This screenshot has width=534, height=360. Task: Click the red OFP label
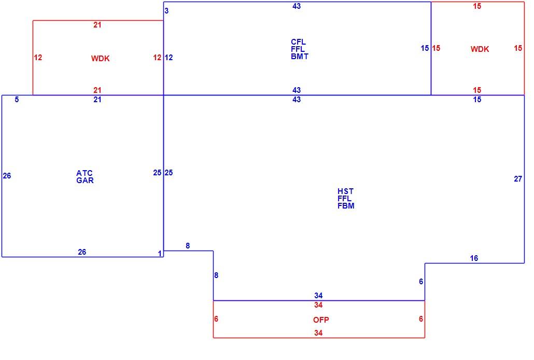[321, 320]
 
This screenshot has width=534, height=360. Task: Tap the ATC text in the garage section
[85, 173]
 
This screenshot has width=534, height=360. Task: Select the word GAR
[85, 181]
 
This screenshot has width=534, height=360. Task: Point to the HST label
[345, 191]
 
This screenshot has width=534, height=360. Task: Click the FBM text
[346, 206]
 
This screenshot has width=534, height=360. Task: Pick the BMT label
[300, 57]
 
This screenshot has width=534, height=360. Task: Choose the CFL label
[298, 42]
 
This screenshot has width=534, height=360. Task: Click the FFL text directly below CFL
[298, 49]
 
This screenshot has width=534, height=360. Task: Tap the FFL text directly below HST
[344, 198]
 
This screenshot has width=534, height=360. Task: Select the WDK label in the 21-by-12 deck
[101, 58]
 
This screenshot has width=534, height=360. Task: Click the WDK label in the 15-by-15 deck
[480, 49]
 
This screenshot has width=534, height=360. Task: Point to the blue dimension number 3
[166, 11]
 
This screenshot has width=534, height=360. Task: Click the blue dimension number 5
[17, 100]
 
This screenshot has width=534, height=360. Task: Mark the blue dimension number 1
[160, 254]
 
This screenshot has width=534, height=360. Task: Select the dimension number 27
[518, 179]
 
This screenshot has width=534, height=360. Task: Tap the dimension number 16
[474, 258]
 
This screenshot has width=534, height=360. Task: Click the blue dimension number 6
[421, 282]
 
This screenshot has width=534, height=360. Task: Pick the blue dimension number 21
[97, 100]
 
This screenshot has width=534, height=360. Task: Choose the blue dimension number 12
[168, 58]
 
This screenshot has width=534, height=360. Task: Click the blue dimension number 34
[318, 296]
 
